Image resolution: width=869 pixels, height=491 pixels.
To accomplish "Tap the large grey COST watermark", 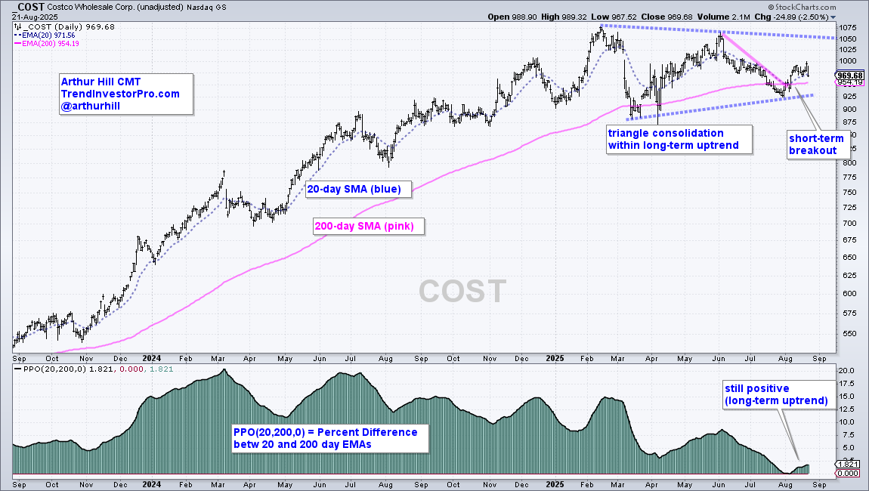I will click(462, 291).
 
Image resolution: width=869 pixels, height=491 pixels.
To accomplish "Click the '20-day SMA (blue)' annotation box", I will click(358, 188).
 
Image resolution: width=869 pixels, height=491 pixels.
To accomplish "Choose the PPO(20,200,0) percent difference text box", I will click(325, 438).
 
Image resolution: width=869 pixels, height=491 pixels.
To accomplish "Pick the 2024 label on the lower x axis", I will click(151, 483).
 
